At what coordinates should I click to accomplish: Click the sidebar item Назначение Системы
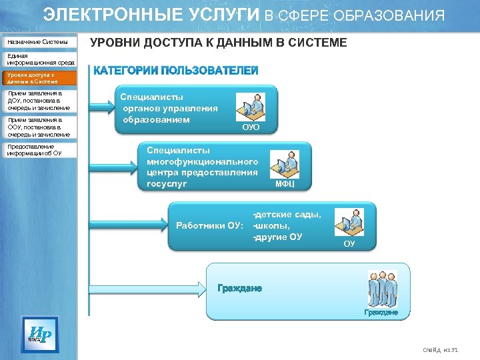pyautogui.click(x=39, y=42)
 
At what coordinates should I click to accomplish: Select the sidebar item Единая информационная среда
pyautogui.click(x=39, y=59)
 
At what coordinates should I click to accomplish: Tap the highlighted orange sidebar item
pyautogui.click(x=39, y=77)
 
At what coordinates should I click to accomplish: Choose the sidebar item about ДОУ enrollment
pyautogui.click(x=39, y=101)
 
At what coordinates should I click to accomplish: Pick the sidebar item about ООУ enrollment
pyautogui.click(x=39, y=127)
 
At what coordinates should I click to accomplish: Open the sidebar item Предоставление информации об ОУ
pyautogui.click(x=39, y=149)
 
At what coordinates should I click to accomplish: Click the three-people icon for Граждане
pyautogui.click(x=383, y=289)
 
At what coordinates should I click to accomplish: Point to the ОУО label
pyautogui.click(x=250, y=127)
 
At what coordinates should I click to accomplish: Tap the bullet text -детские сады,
pyautogui.click(x=287, y=214)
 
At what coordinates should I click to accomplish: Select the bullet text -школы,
pyautogui.click(x=271, y=225)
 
